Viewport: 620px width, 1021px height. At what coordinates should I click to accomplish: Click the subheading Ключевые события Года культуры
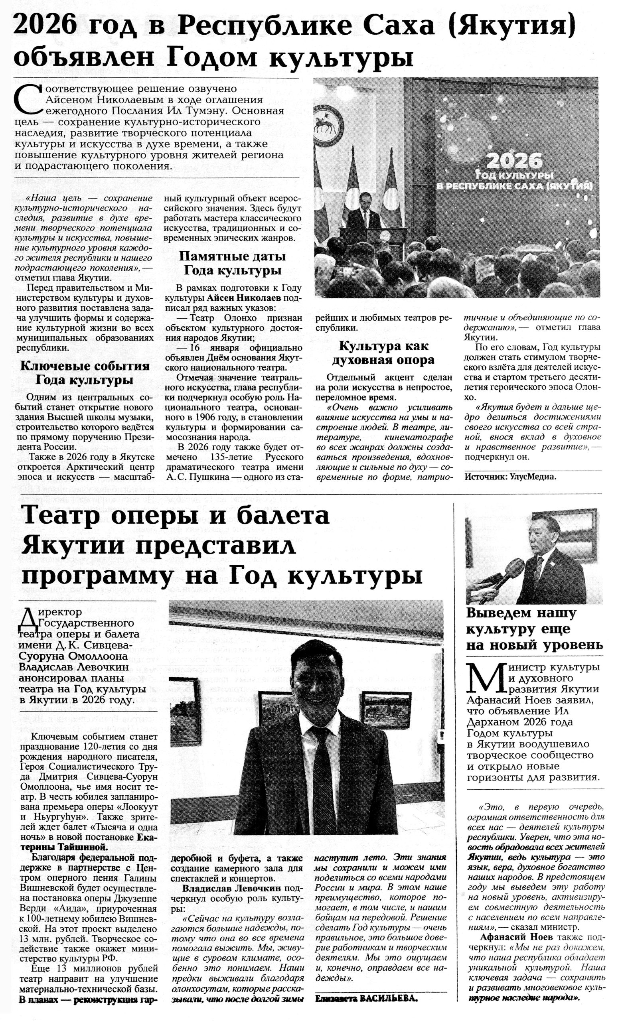click(x=85, y=373)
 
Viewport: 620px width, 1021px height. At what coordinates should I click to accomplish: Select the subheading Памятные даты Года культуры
click(x=232, y=263)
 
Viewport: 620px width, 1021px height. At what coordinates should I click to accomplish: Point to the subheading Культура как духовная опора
click(x=383, y=353)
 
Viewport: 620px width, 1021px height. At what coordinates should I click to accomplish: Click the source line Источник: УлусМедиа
click(x=510, y=477)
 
